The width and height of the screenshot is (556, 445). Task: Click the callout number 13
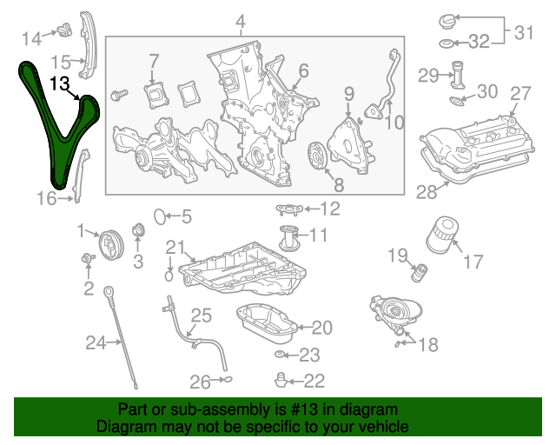click(59, 83)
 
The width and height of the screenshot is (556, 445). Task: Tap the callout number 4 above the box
click(241, 21)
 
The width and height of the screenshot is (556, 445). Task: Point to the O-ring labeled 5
click(160, 216)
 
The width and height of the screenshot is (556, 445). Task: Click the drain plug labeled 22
click(281, 380)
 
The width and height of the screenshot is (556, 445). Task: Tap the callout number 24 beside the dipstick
click(96, 343)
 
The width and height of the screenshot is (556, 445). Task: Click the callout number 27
click(520, 94)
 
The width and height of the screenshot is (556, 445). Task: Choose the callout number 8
click(338, 184)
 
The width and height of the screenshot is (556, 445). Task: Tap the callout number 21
click(176, 247)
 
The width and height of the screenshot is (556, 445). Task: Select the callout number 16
click(46, 199)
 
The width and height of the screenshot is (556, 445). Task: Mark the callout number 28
click(426, 193)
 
